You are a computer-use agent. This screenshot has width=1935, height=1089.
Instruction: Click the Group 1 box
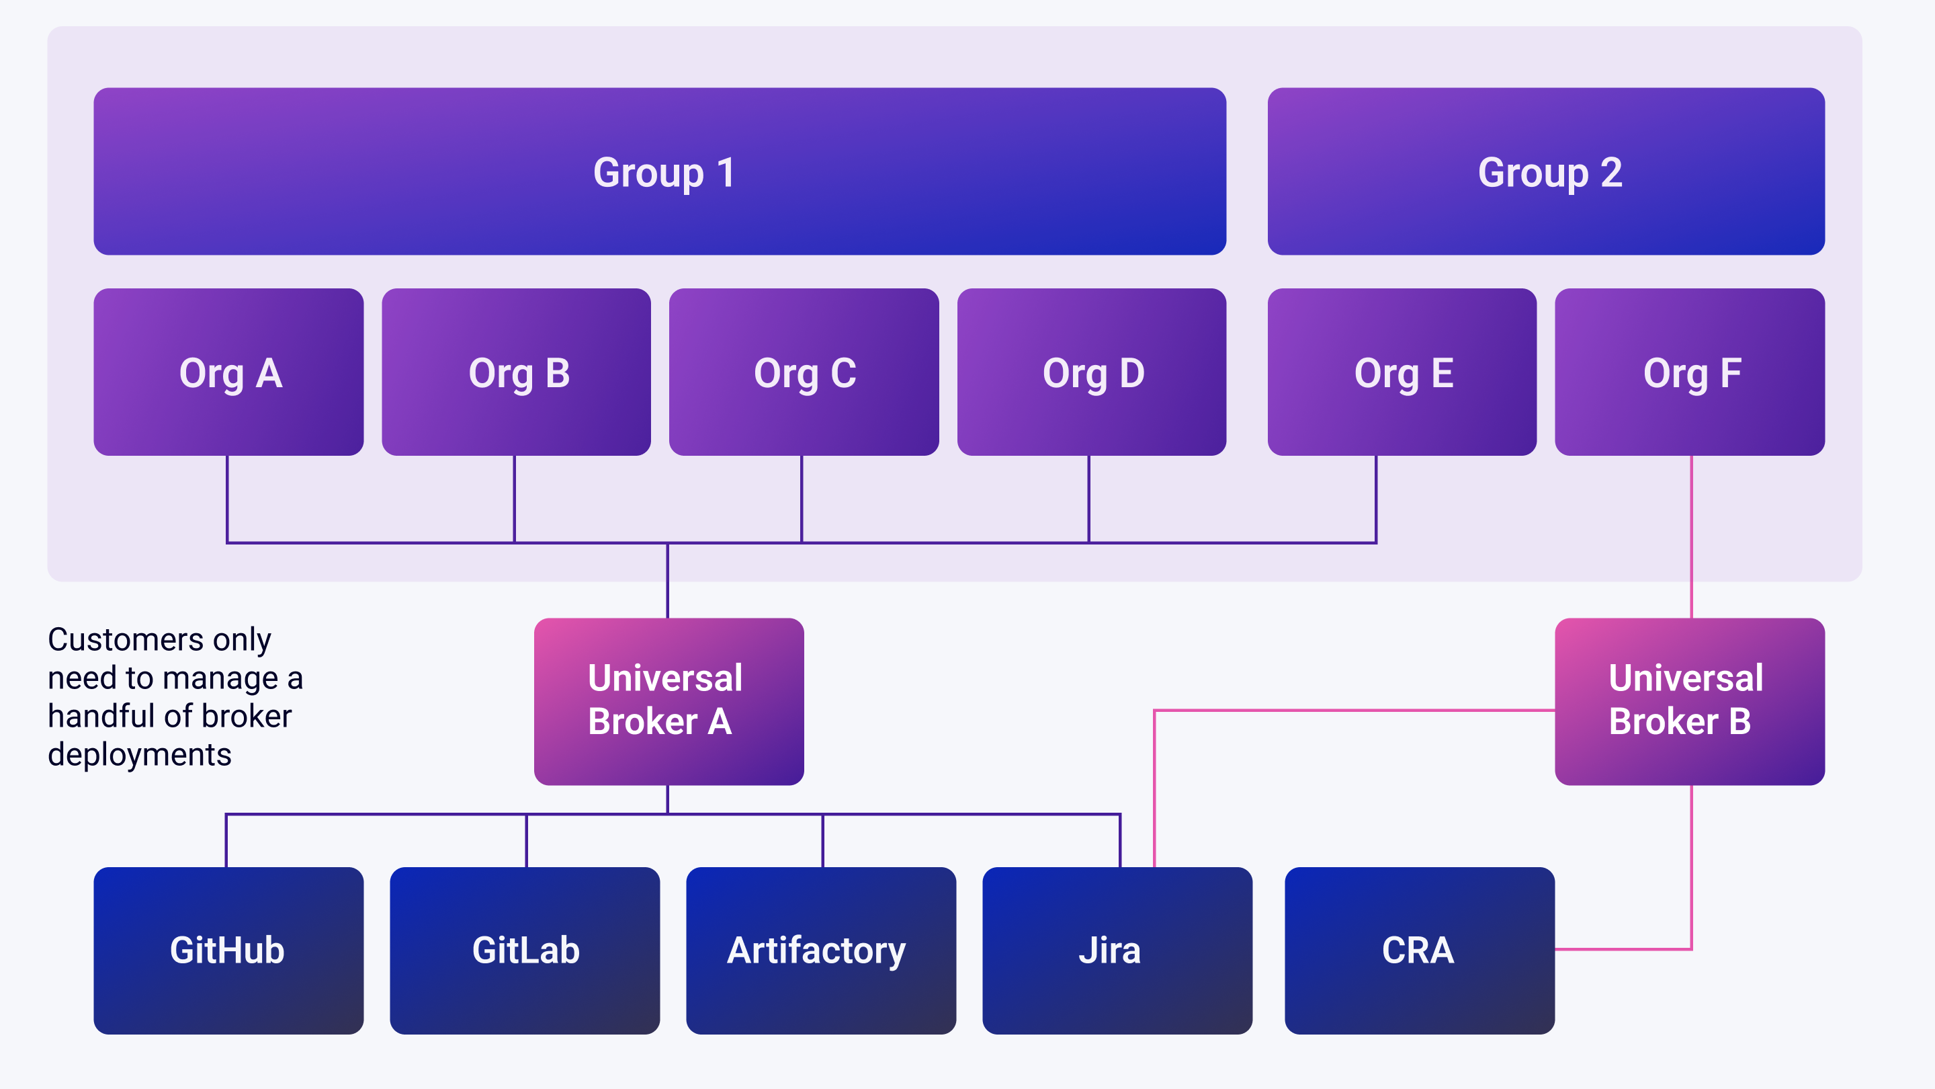coord(660,171)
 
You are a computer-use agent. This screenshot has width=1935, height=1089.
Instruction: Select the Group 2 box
coord(1546,171)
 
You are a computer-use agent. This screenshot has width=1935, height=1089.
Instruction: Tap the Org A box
coord(228,372)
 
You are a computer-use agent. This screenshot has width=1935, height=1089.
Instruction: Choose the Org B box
coord(516,372)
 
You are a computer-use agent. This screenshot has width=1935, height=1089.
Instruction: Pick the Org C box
coord(804,372)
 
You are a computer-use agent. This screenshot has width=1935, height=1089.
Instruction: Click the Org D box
coord(1091,372)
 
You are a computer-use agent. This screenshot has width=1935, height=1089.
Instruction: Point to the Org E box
coord(1402,372)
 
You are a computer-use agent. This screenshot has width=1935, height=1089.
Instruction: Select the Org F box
coord(1689,372)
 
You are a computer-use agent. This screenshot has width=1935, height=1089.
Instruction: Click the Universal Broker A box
coord(669,701)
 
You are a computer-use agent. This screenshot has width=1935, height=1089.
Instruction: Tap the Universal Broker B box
coord(1689,701)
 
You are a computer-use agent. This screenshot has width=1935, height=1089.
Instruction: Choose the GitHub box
coord(228,950)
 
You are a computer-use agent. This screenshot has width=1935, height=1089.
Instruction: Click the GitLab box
coord(524,950)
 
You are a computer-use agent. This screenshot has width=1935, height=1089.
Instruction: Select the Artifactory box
coord(820,950)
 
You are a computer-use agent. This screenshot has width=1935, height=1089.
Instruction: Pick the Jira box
coord(1117,950)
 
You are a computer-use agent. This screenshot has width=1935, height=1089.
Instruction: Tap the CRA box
coord(1419,950)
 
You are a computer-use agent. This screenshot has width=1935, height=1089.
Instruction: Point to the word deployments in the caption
coord(140,754)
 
